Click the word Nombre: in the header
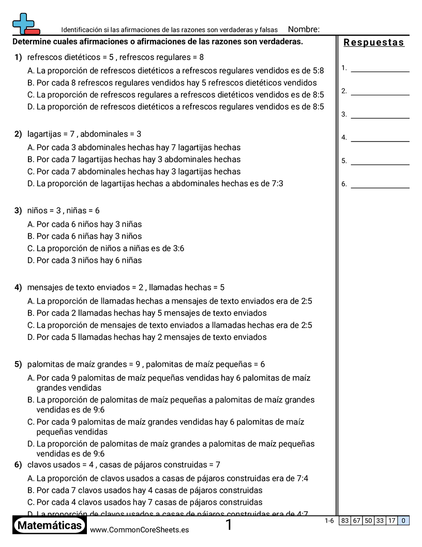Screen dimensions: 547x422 point(304,30)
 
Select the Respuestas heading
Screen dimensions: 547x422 point(373,42)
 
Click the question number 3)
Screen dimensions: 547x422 point(18,211)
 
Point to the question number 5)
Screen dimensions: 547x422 point(18,364)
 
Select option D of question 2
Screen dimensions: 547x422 point(155,183)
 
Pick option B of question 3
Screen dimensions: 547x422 point(84,236)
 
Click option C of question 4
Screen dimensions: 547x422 point(170,325)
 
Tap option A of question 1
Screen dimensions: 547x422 point(175,70)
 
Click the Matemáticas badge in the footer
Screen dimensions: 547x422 point(49,525)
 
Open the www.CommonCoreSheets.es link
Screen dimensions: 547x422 point(139,530)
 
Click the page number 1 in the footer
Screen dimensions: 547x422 point(229,525)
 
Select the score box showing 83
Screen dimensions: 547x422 point(345,521)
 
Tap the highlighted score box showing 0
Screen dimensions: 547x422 point(403,521)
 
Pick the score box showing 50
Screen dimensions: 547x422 point(368,521)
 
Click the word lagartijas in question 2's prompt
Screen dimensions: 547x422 point(45,134)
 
